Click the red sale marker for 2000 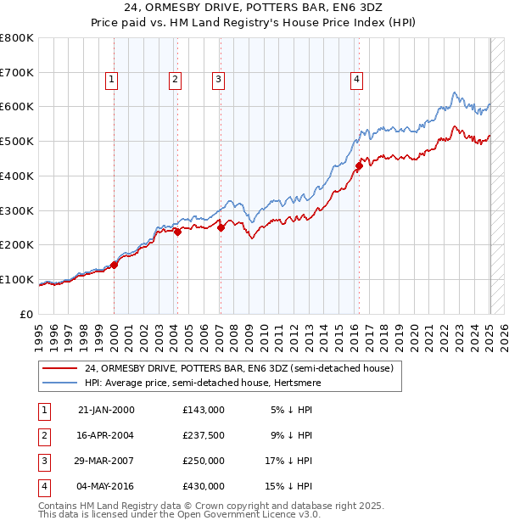point(115,264)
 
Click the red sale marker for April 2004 point(178,232)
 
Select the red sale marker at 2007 point(221,227)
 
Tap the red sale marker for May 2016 point(359,166)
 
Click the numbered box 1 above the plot point(112,80)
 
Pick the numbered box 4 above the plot point(357,80)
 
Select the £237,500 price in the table point(203,435)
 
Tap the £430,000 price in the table point(203,486)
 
